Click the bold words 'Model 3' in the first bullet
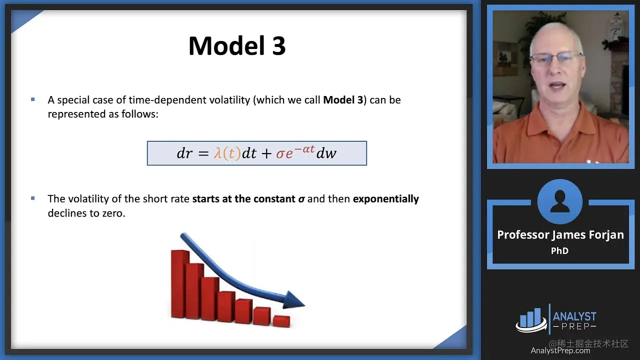[343, 100]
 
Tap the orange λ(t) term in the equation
[227, 153]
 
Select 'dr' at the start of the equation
[184, 153]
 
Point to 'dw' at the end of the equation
[326, 153]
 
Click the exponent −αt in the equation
[304, 149]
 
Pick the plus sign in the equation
[266, 153]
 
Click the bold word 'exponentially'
[385, 199]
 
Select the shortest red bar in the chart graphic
[281, 321]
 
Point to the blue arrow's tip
[305, 305]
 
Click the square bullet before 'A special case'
[33, 99]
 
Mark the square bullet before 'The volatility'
[33, 198]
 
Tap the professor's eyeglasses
[555, 59]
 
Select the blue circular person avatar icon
[559, 201]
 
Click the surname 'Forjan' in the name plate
[607, 235]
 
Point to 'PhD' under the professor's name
[559, 250]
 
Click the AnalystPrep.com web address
[560, 350]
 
